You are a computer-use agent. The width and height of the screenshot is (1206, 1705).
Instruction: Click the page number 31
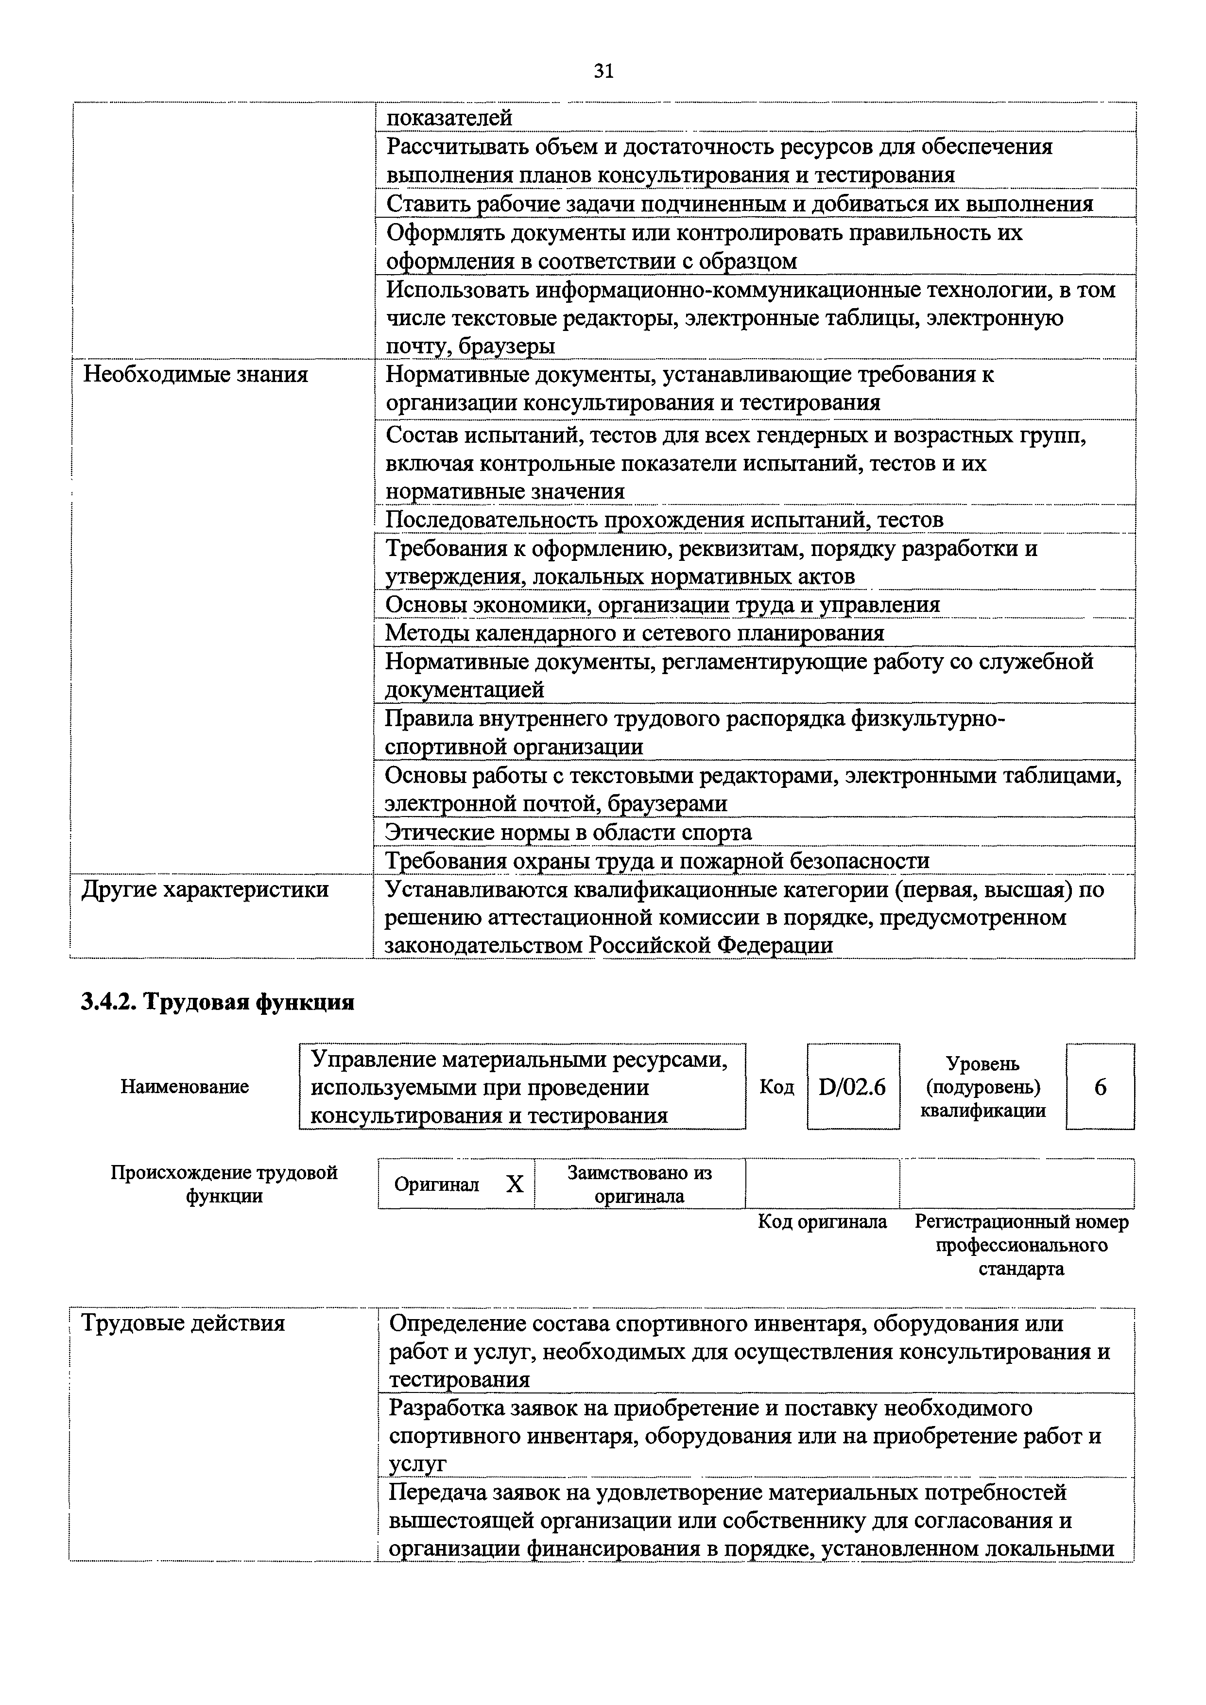point(603,71)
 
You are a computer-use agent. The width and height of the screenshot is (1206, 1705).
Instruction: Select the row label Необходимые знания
point(195,374)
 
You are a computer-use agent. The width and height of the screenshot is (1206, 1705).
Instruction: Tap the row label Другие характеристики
point(205,889)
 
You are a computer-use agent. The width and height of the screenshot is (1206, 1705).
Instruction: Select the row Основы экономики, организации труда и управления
point(662,605)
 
